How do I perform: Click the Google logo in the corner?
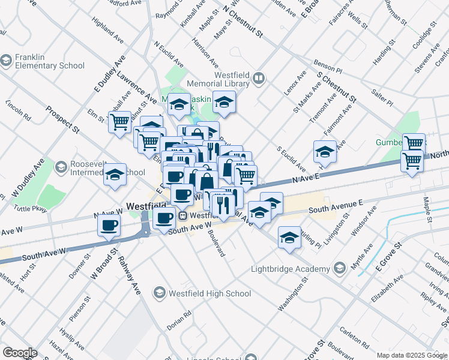[19, 353]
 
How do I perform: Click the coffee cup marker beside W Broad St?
[109, 226]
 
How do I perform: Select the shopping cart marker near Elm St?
[119, 121]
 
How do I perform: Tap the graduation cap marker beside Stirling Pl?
[289, 237]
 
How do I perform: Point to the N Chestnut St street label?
[243, 22]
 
